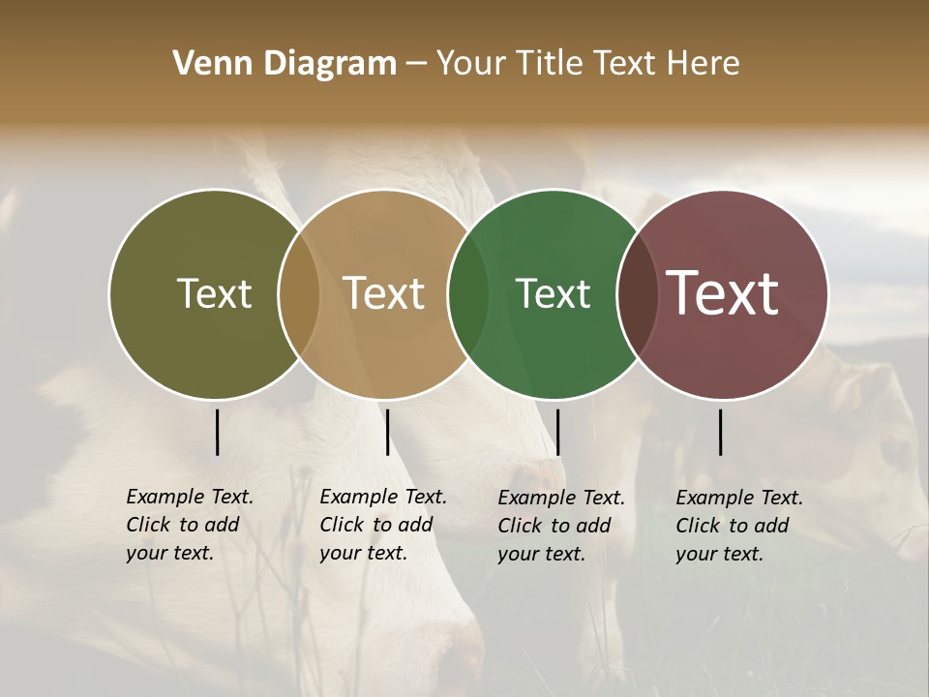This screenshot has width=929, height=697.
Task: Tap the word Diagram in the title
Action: click(x=329, y=64)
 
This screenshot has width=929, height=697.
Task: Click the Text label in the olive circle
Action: click(x=214, y=293)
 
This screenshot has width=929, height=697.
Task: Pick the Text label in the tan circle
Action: click(x=384, y=293)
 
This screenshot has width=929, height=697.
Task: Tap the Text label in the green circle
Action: click(x=553, y=293)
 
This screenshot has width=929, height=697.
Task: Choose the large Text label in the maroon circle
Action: click(x=723, y=293)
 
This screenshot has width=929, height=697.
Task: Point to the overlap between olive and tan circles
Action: click(x=299, y=294)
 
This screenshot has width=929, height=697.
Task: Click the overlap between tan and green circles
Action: click(x=468, y=294)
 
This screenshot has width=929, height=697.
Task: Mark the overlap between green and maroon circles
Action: click(x=638, y=294)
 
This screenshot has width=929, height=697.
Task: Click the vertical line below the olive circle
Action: click(x=218, y=432)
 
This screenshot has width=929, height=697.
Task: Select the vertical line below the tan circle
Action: click(x=388, y=432)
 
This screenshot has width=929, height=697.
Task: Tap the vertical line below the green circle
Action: click(x=558, y=432)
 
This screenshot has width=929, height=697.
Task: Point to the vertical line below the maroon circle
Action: click(x=721, y=432)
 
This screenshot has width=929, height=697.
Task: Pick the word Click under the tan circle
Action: click(x=342, y=526)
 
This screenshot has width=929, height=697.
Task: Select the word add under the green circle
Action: click(x=594, y=527)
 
